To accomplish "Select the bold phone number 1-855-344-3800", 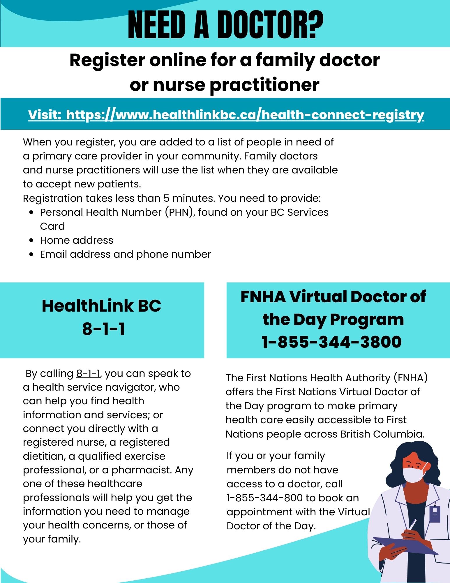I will (x=332, y=342).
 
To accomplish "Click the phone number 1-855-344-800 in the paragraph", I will (x=265, y=498).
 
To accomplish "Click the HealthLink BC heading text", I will (x=101, y=306).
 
